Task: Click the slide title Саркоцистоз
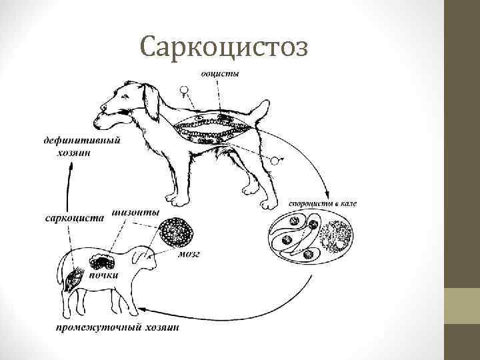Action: (x=225, y=47)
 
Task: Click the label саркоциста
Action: (x=74, y=217)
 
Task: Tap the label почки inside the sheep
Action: (x=106, y=274)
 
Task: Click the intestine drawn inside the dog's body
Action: (x=210, y=129)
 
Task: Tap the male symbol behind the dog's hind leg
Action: (x=276, y=161)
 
